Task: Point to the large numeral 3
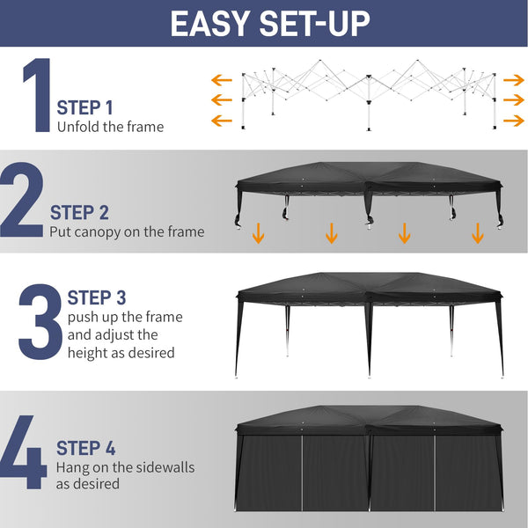39,320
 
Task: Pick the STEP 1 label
85,108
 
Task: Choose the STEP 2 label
79,212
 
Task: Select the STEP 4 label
85,448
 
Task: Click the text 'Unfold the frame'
110,127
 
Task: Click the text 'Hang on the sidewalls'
125,467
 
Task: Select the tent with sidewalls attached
369,462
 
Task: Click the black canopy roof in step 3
369,287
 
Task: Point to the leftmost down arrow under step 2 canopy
258,233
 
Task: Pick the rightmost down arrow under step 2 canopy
477,233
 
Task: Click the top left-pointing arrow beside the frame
221,77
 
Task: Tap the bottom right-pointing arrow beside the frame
513,121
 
